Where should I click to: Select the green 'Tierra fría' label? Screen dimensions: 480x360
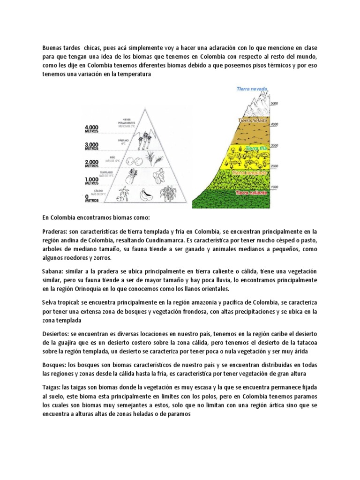(256, 148)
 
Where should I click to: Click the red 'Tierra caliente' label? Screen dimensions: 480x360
(251, 193)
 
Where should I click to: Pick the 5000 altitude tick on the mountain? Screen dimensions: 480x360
(274, 103)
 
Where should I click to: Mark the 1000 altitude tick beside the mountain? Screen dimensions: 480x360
(274, 186)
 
